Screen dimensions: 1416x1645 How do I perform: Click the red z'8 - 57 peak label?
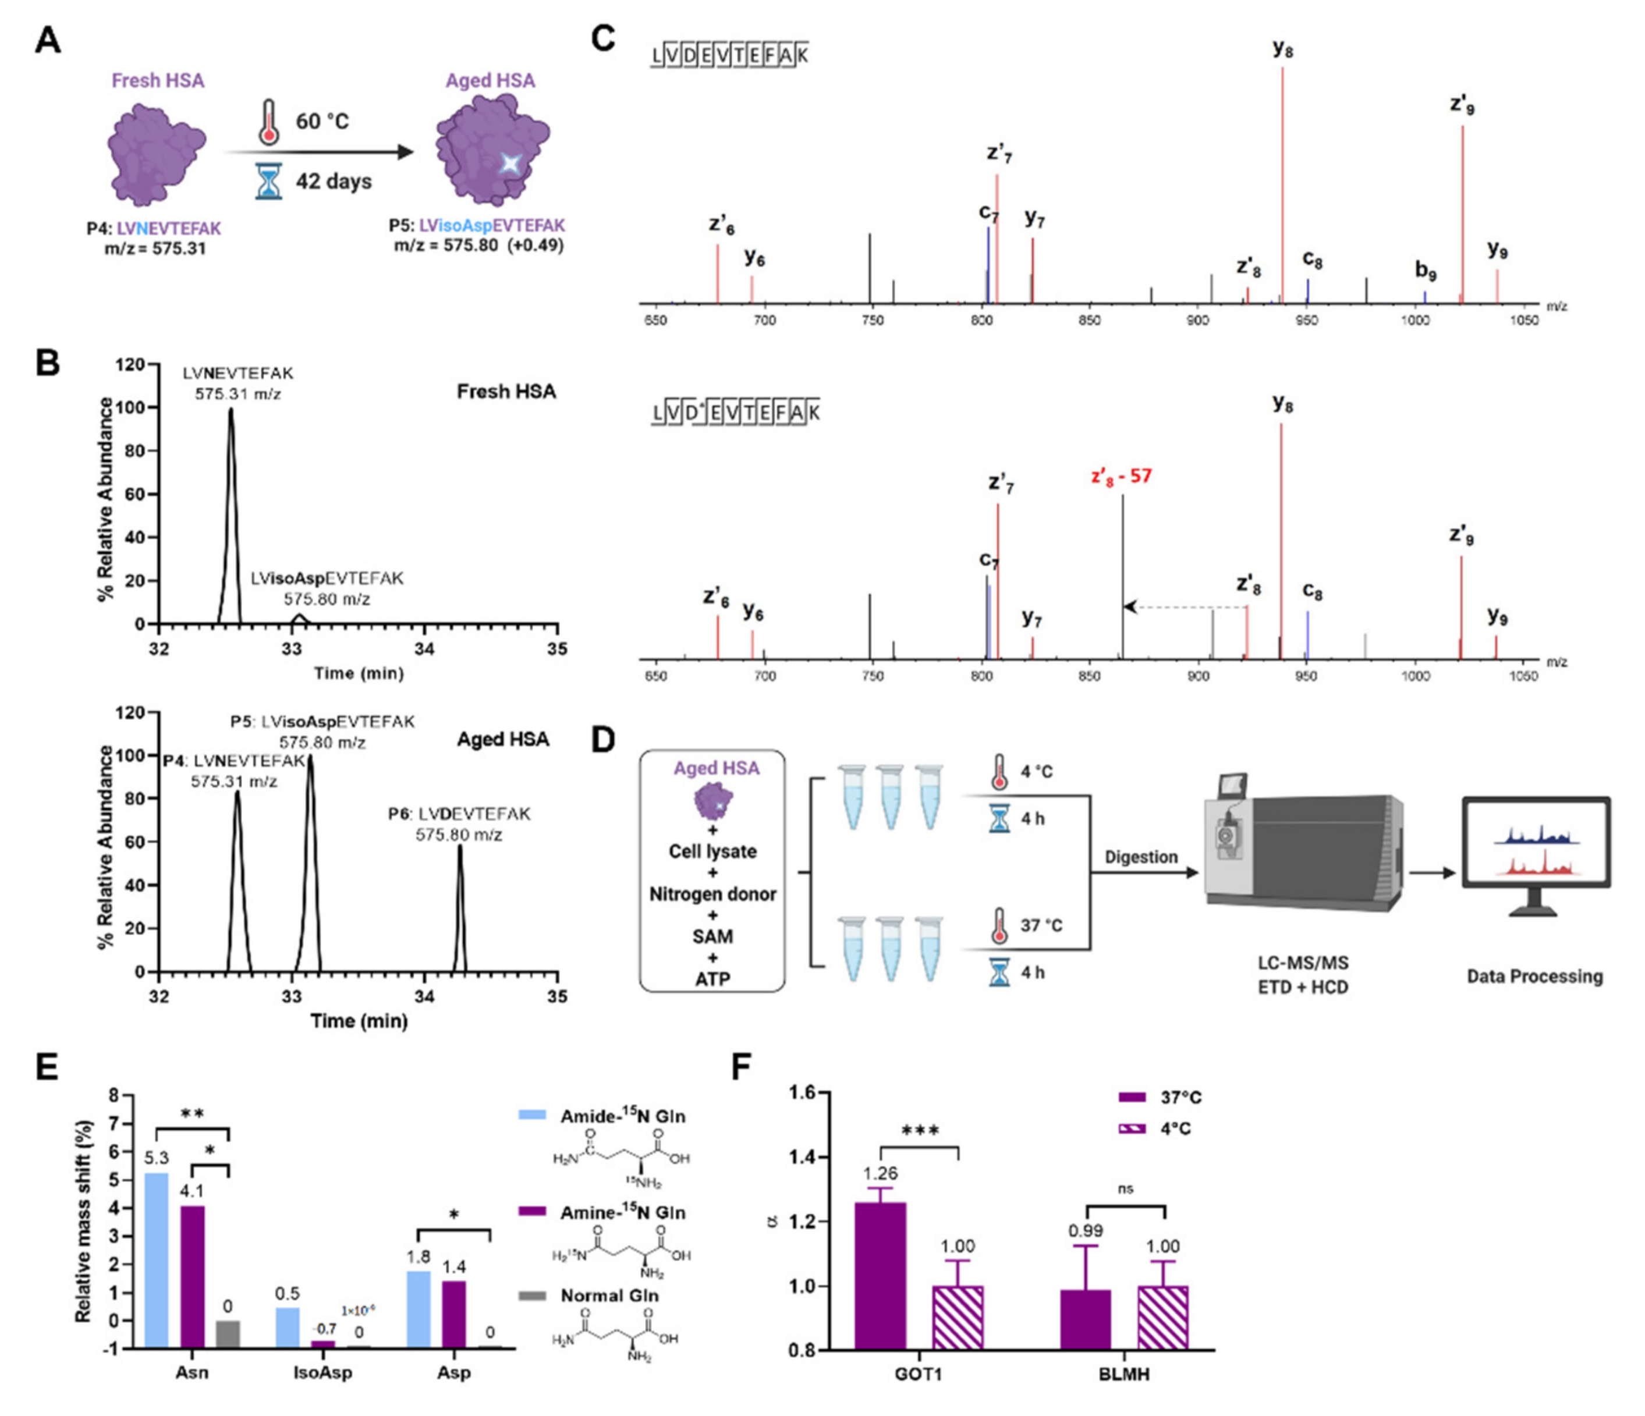point(1120,476)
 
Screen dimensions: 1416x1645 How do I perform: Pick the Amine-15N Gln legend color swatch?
point(532,1212)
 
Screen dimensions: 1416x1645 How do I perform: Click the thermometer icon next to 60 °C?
point(270,122)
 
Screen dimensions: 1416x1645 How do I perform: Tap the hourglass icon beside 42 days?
point(269,182)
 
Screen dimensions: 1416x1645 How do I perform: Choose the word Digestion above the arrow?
point(1141,857)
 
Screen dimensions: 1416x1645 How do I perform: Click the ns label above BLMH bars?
point(1125,1189)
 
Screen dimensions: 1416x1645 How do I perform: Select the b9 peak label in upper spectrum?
point(1426,271)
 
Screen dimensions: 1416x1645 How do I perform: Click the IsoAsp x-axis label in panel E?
point(322,1372)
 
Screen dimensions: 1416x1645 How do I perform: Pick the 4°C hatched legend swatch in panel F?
point(1132,1128)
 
